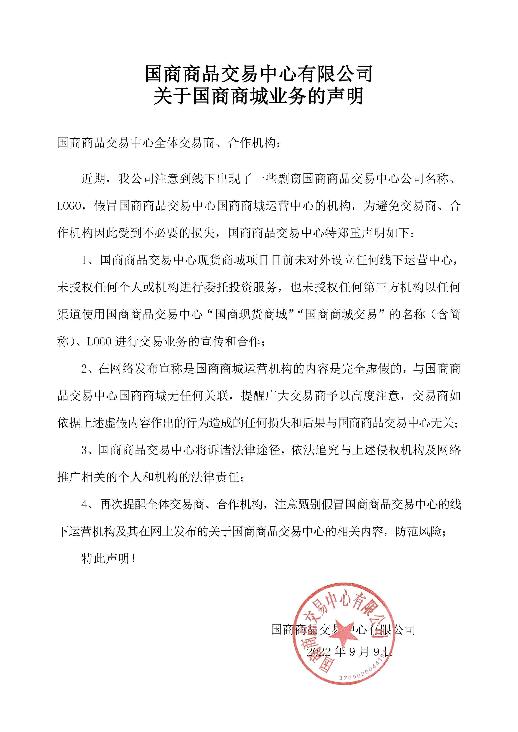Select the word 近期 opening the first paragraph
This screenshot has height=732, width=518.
[x=93, y=179]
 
